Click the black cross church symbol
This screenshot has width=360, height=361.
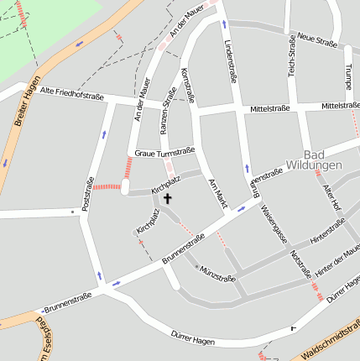(x=167, y=199)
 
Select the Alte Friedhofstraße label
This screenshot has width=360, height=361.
(x=72, y=95)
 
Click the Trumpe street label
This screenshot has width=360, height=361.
(x=347, y=76)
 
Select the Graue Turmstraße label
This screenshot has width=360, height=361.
(x=164, y=152)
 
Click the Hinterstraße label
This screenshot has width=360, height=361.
(x=328, y=232)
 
